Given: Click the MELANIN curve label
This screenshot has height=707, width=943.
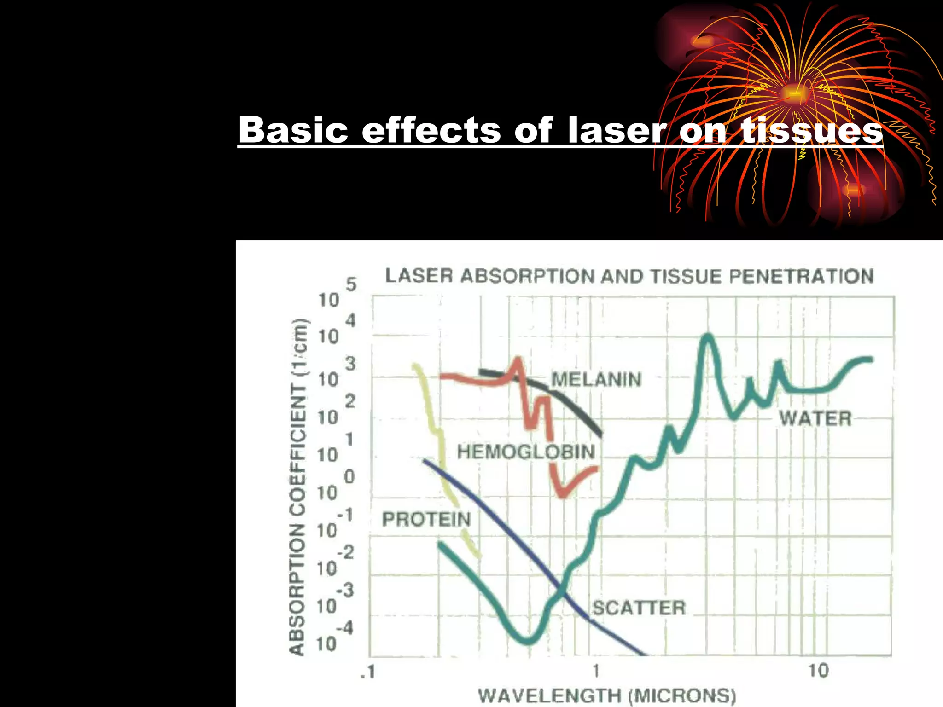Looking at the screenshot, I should (x=596, y=380).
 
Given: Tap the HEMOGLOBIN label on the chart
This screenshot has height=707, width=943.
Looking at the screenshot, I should (x=526, y=452).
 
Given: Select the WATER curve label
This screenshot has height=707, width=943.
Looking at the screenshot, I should (x=815, y=419).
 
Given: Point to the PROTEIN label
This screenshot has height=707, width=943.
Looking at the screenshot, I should (x=426, y=520).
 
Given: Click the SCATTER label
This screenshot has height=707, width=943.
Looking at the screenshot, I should (x=639, y=608).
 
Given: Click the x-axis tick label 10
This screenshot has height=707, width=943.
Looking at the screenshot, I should (x=818, y=671).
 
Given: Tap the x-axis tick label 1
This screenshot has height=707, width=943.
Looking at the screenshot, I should (x=596, y=671).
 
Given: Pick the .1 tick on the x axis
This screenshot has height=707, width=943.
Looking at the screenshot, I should (x=368, y=672).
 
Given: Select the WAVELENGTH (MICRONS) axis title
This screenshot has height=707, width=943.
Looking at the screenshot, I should (x=607, y=695).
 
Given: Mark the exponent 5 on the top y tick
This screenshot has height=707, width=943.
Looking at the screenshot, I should (x=351, y=284).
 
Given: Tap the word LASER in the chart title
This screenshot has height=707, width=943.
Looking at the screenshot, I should (x=419, y=276).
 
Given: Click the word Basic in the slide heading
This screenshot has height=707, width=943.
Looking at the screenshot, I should (x=293, y=130).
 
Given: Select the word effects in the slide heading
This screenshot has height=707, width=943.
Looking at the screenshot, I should (x=431, y=130).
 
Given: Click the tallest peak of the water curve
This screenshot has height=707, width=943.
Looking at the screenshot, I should (x=708, y=336).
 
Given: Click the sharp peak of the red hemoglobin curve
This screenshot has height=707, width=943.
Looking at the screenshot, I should (x=519, y=359).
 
